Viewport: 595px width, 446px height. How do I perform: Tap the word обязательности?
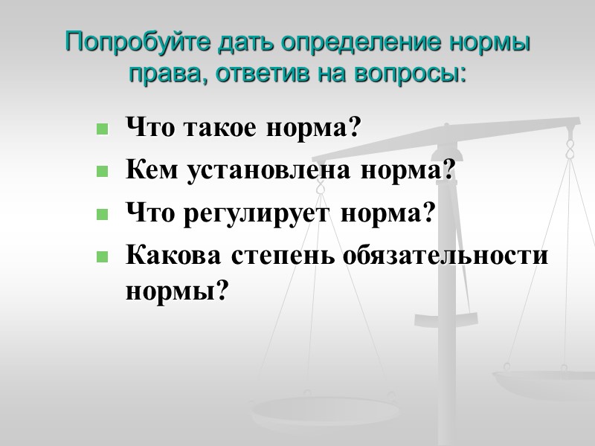click(x=446, y=256)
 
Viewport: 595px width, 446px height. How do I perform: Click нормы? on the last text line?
click(x=175, y=291)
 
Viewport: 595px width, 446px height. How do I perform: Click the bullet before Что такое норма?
click(x=102, y=130)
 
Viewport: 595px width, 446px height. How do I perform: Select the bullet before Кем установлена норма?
click(x=102, y=172)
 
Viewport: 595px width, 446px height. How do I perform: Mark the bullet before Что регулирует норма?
click(x=102, y=215)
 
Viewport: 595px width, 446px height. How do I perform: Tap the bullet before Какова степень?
click(x=102, y=257)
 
